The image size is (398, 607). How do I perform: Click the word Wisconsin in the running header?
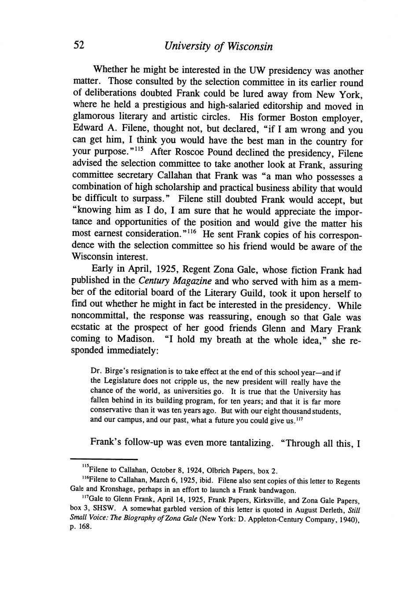coord(249,46)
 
